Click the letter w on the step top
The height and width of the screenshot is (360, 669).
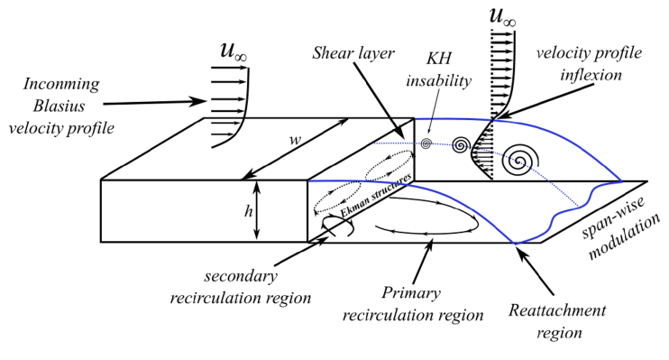tap(294, 143)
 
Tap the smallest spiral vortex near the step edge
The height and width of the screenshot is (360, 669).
tap(426, 143)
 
